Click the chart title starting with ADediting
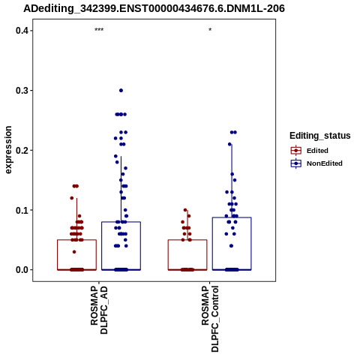(x=154, y=9)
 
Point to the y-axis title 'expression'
(x=8, y=150)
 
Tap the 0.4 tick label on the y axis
(x=22, y=31)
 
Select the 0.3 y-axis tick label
(x=22, y=91)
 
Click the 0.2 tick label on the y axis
(x=22, y=150)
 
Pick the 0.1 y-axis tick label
(x=22, y=210)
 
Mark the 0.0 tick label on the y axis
(x=22, y=270)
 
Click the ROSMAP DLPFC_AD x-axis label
(x=99, y=310)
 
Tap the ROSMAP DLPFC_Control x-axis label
(x=210, y=319)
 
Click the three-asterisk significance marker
(x=99, y=30)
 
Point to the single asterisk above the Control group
(x=210, y=30)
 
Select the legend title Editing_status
(x=320, y=136)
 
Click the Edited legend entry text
(x=317, y=151)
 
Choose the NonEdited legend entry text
(x=325, y=163)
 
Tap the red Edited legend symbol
(x=296, y=151)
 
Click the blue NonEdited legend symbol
(x=296, y=163)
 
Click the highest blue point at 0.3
(x=121, y=91)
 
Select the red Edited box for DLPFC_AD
(x=77, y=240)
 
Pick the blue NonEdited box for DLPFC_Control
(x=232, y=217)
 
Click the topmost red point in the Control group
(x=185, y=210)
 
